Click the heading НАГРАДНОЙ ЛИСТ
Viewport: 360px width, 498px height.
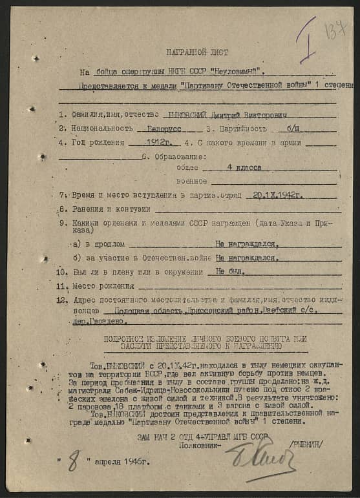pos(196,52)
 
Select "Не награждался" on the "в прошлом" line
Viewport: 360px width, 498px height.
pos(246,244)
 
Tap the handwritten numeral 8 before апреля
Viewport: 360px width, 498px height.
pos(74,463)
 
